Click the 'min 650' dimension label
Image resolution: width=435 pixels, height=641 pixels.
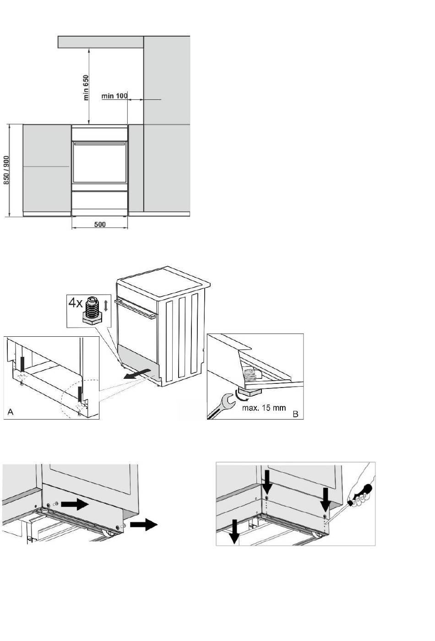86,87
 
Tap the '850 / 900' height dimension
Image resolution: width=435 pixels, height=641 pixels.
6,170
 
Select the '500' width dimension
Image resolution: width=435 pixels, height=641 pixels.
100,224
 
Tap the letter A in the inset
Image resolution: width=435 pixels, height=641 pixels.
11,413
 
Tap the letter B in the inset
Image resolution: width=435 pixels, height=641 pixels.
295,414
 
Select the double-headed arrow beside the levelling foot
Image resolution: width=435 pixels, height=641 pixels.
106,305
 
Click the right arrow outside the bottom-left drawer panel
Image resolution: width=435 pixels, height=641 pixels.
144,525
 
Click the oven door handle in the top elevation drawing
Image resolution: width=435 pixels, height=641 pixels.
99,143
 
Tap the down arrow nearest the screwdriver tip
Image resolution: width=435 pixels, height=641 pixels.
326,500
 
